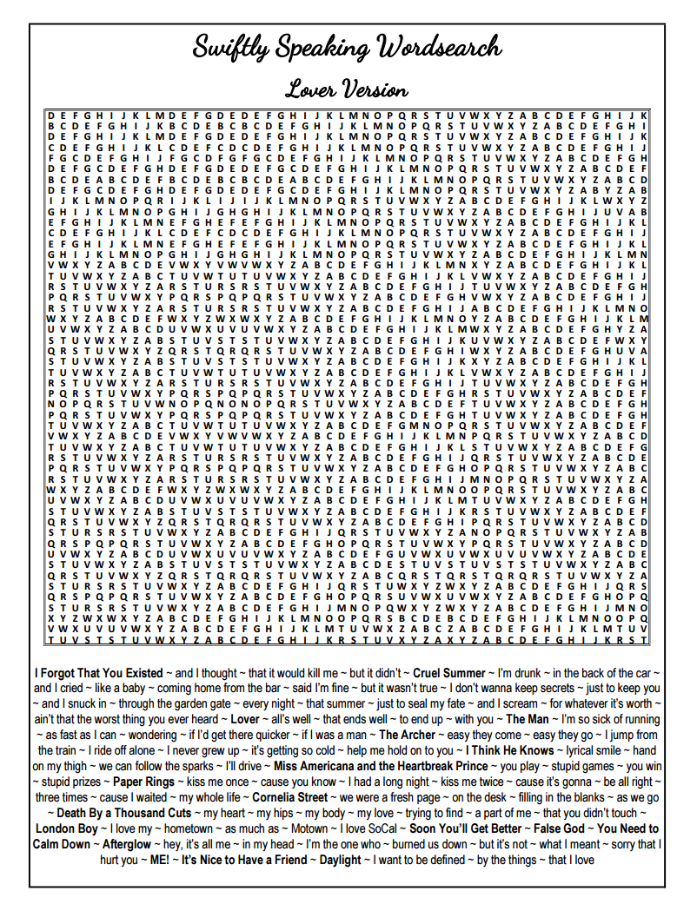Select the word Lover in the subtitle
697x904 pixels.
308,89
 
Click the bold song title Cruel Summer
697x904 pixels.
448,673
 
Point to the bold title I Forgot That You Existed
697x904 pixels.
98,673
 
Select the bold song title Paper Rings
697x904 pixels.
143,782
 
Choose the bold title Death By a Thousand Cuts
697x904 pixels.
124,813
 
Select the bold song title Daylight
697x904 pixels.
338,860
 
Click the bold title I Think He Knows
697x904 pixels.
509,750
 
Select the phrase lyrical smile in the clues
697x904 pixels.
591,750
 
